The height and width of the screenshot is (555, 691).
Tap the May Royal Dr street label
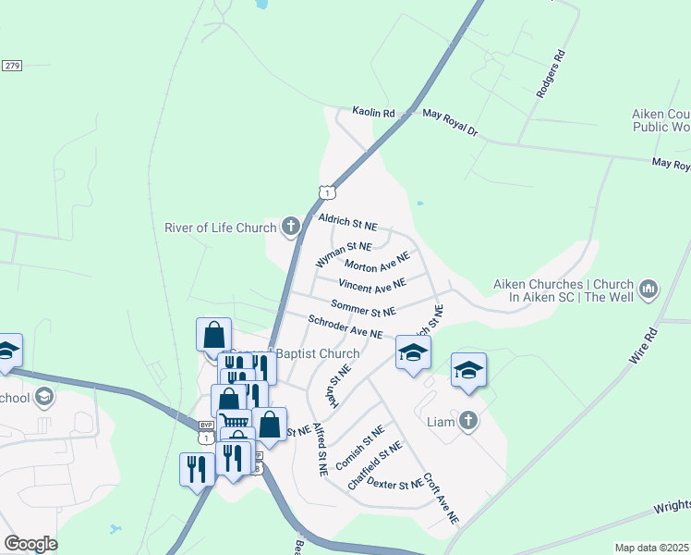[450, 121]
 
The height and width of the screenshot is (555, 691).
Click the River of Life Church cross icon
[290, 226]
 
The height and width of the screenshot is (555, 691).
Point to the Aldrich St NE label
[347, 222]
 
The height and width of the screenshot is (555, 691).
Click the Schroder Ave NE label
[345, 327]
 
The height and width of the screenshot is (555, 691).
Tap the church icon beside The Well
[648, 290]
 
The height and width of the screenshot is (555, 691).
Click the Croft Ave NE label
[441, 499]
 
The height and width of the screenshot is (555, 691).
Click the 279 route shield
[12, 66]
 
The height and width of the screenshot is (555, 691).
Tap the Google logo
[30, 544]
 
